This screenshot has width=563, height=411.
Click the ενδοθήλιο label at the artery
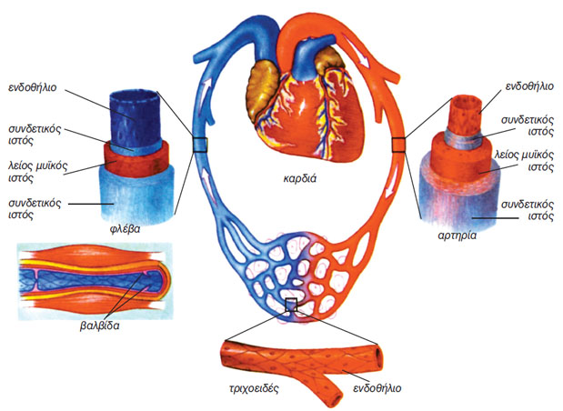[x=527, y=89]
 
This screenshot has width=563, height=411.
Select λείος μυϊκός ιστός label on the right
[x=526, y=161]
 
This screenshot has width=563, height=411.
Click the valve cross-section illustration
[x=91, y=279]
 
